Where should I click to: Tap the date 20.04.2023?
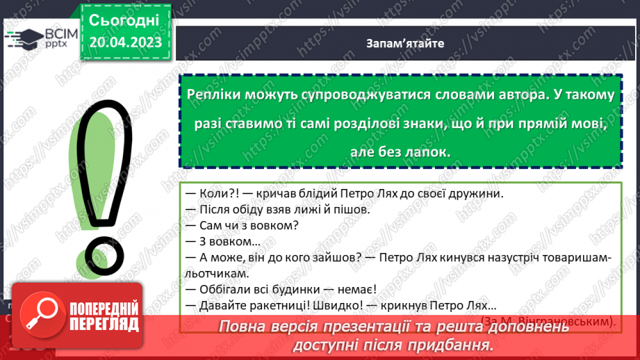tap(126, 42)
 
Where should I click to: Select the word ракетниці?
tap(279, 306)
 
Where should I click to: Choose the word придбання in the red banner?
tap(451, 345)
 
